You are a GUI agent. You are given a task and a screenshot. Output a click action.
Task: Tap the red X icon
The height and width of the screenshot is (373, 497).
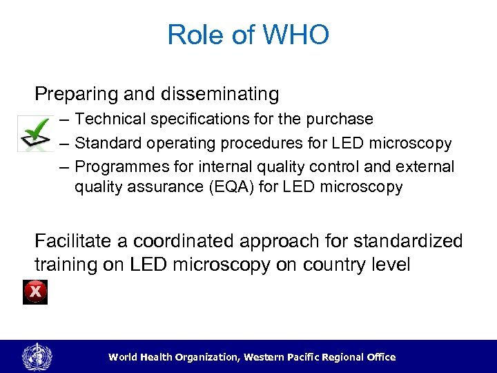(x=35, y=293)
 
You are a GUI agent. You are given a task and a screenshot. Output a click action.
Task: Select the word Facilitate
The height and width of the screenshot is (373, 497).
(x=77, y=241)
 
